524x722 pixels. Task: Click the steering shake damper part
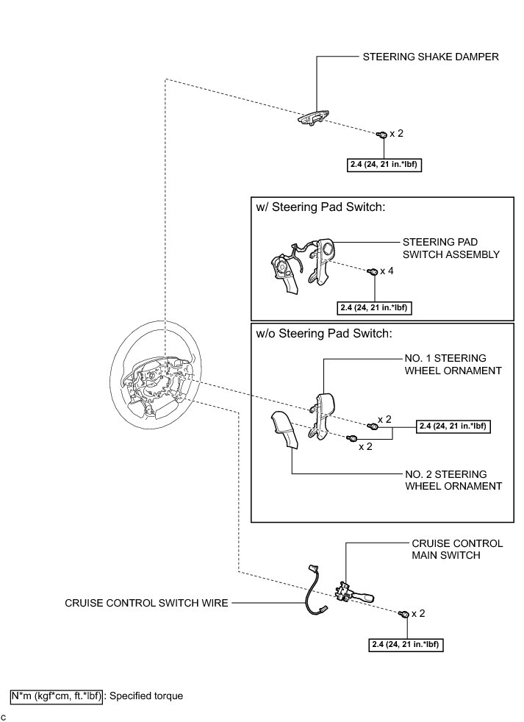[x=315, y=118]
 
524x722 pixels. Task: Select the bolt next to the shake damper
[x=381, y=135]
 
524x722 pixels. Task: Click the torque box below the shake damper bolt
[x=385, y=165]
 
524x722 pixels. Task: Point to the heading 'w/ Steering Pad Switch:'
[x=320, y=208]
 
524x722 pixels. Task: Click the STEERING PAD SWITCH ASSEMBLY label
[x=451, y=248]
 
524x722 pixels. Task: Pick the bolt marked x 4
[x=372, y=272]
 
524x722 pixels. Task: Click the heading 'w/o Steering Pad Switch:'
[x=323, y=334]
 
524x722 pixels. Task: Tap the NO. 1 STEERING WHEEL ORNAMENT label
[x=453, y=364]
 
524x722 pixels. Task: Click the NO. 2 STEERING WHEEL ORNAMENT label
[x=453, y=480]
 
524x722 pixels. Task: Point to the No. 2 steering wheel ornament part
[x=287, y=431]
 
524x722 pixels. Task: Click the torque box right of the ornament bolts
[x=453, y=426]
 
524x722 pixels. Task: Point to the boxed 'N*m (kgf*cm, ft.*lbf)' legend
[x=57, y=695]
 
